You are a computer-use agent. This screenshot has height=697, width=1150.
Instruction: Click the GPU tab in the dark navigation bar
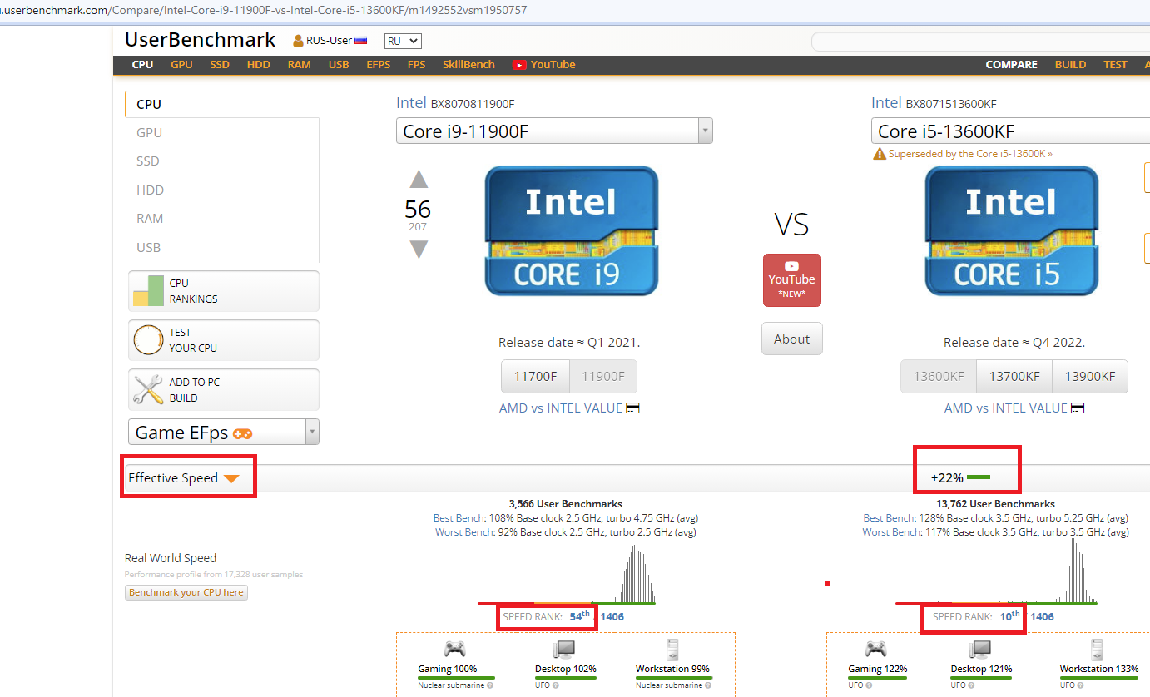181,65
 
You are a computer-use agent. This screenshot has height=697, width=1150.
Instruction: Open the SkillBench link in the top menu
468,65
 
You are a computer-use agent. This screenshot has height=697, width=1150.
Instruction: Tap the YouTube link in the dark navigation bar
543,65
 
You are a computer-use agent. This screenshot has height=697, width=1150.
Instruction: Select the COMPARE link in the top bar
1011,65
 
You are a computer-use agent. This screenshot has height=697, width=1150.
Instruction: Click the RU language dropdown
403,41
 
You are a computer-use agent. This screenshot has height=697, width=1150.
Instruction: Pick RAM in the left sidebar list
150,219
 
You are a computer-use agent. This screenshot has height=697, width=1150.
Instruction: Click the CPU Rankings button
223,291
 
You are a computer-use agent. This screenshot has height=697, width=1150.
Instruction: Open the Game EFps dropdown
223,433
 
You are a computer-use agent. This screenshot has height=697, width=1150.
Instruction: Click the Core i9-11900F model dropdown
554,131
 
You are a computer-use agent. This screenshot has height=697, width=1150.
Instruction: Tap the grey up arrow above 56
419,179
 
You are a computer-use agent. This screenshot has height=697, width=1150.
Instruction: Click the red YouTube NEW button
791,280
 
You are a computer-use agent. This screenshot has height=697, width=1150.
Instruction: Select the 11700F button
535,376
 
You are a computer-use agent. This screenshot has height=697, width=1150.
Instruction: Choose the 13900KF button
1090,376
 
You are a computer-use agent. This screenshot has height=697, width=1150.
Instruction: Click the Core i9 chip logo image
572,231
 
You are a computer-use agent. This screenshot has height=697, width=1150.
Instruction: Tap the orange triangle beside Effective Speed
231,478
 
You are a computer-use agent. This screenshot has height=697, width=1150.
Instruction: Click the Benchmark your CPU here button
186,592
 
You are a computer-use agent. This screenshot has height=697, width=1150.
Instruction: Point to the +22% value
947,478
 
